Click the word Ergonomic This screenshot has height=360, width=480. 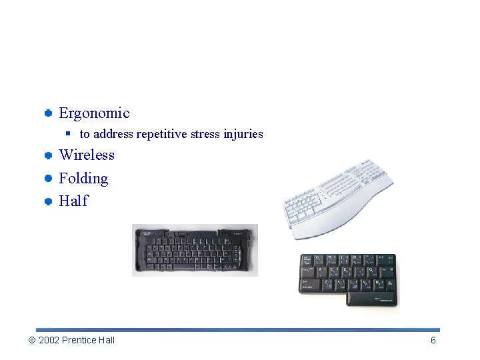[94, 113]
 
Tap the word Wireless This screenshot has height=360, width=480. [87, 155]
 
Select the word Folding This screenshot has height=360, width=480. [83, 179]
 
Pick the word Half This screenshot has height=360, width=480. [73, 201]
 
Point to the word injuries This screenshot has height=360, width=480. [243, 134]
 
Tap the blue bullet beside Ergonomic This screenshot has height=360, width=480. [49, 113]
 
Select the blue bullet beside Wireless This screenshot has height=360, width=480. [49, 155]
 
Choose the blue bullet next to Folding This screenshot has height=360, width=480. [49, 179]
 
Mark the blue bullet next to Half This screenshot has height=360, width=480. [49, 201]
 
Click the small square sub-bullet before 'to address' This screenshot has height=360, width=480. [69, 134]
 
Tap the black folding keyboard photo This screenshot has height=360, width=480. [195, 250]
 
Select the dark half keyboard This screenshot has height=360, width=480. [348, 279]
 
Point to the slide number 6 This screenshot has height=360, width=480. [433, 341]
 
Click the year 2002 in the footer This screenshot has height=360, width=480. [49, 341]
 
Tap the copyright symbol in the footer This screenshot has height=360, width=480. [31, 341]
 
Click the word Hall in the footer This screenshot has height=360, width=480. [107, 341]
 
